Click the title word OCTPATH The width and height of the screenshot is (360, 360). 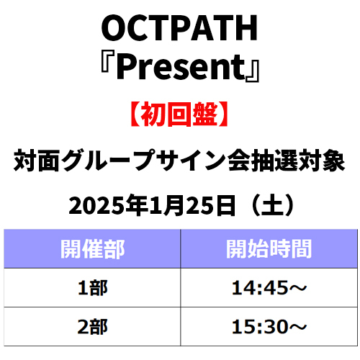click(179, 27)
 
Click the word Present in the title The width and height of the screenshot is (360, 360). click(181, 67)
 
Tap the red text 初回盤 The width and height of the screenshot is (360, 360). click(179, 114)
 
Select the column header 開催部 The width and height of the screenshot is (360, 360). click(92, 249)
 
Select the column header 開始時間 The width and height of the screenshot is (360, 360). click(269, 249)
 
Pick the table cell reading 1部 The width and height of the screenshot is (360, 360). click(93, 287)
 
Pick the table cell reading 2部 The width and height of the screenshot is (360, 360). click(93, 327)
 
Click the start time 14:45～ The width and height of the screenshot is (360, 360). click(269, 287)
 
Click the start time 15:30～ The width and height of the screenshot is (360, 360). click(269, 327)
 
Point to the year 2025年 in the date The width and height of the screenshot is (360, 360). click(109, 206)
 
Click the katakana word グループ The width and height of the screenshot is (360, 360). click(108, 161)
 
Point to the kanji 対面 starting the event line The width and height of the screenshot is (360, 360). click(37, 161)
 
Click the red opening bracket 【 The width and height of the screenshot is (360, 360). click(135, 114)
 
